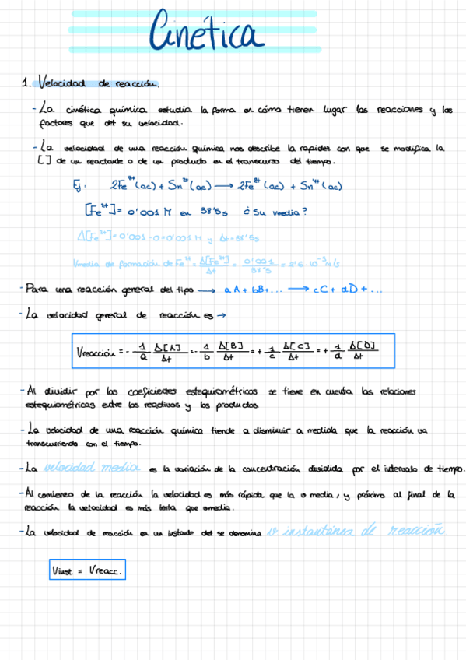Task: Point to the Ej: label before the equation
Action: (76, 186)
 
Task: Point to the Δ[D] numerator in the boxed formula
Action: (363, 345)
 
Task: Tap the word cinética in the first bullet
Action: (84, 110)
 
